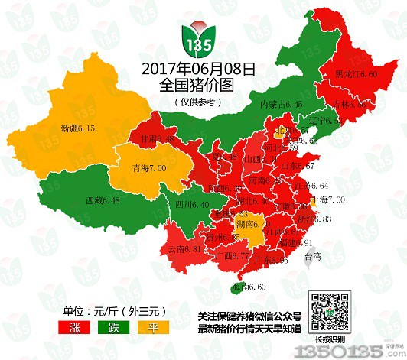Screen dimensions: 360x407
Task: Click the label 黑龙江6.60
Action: [356, 75]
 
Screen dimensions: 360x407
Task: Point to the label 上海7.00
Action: [324, 199]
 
